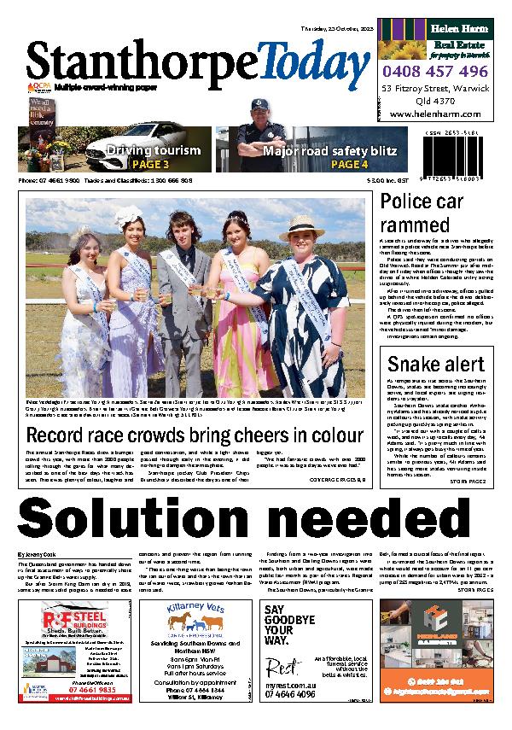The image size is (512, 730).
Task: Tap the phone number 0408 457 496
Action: tap(434, 72)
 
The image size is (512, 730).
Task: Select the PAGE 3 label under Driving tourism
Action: tap(154, 165)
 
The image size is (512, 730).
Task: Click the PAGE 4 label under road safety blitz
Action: tap(349, 165)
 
